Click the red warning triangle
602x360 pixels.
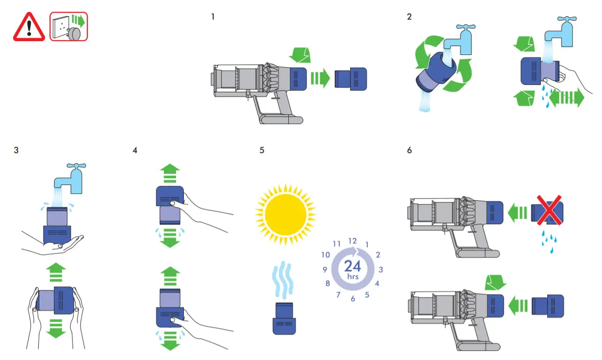[x=29, y=26]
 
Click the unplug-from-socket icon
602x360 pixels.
[x=69, y=26]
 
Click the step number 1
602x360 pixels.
[x=213, y=17]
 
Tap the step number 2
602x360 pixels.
[x=409, y=17]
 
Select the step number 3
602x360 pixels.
[x=17, y=150]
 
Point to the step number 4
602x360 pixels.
[x=135, y=150]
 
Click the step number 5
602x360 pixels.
[x=262, y=150]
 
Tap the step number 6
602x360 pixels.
[x=409, y=150]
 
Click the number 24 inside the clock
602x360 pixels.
[x=352, y=266]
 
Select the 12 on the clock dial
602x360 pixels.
[x=352, y=241]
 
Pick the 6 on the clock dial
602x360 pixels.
[x=352, y=299]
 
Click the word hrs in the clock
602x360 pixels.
[x=352, y=277]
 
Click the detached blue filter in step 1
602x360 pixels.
[x=351, y=78]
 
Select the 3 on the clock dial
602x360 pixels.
[x=381, y=269]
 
